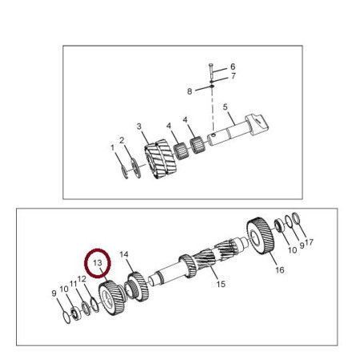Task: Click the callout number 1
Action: point(112,147)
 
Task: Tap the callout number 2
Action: point(122,140)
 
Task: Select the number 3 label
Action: point(139,126)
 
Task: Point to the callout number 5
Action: point(226,107)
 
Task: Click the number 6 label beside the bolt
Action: point(233,66)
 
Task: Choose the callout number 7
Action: point(234,76)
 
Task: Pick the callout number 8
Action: point(190,91)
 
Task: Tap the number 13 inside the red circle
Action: point(98,263)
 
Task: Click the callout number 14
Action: point(124,254)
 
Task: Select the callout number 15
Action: point(221,284)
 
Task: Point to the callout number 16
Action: point(280,270)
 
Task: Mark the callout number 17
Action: point(310,242)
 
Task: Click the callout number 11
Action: point(74,284)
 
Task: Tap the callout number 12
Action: point(82,279)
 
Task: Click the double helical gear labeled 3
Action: point(161,158)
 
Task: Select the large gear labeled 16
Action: point(260,236)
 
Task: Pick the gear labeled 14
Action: point(138,286)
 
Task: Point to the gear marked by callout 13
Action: point(111,298)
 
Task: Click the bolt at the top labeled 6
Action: point(210,70)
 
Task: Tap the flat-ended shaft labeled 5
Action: point(238,130)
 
